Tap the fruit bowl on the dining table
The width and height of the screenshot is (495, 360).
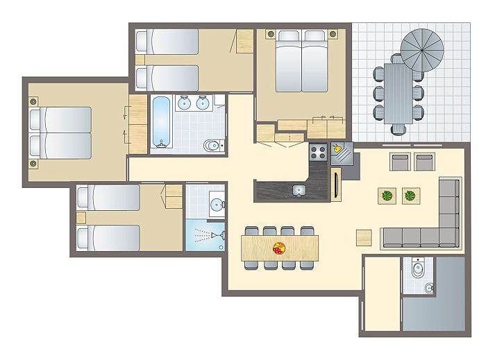click(x=280, y=248)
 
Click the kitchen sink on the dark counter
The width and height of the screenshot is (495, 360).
click(x=299, y=189)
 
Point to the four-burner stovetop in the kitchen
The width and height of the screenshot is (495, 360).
click(x=319, y=152)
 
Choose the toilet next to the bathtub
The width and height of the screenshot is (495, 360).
click(x=211, y=145)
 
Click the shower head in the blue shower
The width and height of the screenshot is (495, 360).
click(x=219, y=235)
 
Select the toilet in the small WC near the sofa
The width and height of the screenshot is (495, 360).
click(x=418, y=268)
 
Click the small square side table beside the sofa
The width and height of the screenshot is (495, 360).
click(x=364, y=237)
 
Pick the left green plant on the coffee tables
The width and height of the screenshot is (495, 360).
click(x=386, y=196)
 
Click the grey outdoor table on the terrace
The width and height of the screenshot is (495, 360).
click(x=398, y=92)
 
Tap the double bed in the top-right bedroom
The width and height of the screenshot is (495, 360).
click(x=301, y=61)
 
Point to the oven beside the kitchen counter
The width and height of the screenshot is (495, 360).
click(x=338, y=186)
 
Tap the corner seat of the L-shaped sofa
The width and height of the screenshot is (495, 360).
click(x=449, y=238)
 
